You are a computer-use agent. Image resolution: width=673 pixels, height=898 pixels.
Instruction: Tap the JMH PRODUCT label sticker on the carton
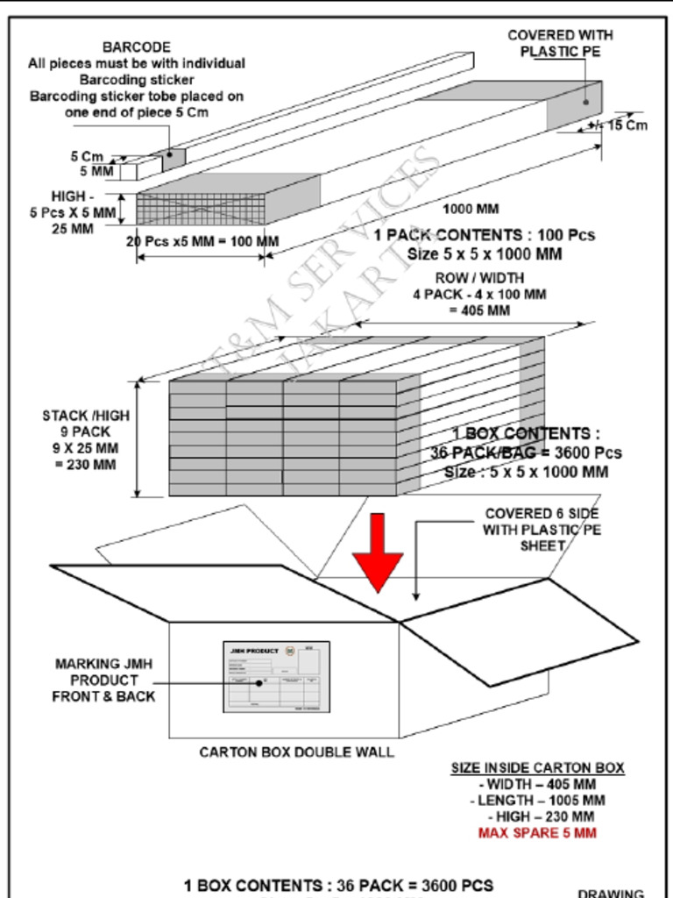click(276, 676)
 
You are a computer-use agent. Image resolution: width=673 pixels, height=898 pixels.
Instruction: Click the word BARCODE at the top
click(137, 46)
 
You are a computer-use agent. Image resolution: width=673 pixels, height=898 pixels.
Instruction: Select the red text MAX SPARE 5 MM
click(537, 832)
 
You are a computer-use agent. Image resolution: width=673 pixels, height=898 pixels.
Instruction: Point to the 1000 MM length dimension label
click(470, 209)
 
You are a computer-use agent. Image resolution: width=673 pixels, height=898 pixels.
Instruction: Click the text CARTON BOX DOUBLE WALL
click(296, 752)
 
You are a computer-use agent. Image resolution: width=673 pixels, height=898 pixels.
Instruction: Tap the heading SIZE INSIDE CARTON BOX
click(537, 768)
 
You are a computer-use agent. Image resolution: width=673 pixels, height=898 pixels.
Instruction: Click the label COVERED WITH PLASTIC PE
click(561, 43)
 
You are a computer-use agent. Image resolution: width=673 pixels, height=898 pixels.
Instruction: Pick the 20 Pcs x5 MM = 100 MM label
click(202, 241)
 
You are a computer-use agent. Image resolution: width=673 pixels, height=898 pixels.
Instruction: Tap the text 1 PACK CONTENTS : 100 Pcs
click(484, 235)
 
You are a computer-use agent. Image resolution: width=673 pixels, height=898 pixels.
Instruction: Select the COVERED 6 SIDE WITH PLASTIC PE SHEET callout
click(542, 529)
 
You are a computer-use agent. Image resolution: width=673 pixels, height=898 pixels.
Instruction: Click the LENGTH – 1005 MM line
click(541, 801)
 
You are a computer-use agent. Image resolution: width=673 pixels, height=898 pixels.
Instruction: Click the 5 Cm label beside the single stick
click(87, 156)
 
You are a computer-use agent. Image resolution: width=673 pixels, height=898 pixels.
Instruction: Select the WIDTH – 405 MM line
click(537, 784)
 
